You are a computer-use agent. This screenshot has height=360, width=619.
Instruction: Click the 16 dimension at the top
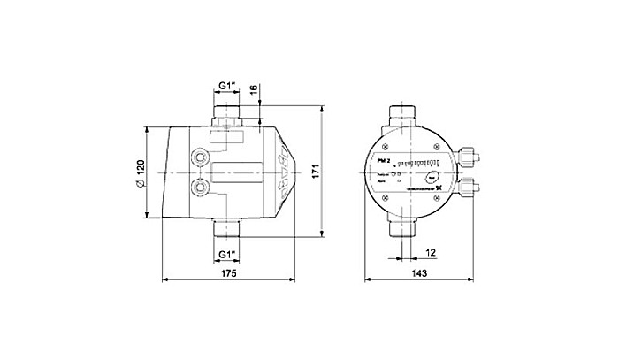pos(254,90)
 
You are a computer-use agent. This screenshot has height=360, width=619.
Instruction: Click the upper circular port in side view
pos(201,157)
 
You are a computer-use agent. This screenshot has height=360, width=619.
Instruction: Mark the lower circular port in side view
pos(201,188)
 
